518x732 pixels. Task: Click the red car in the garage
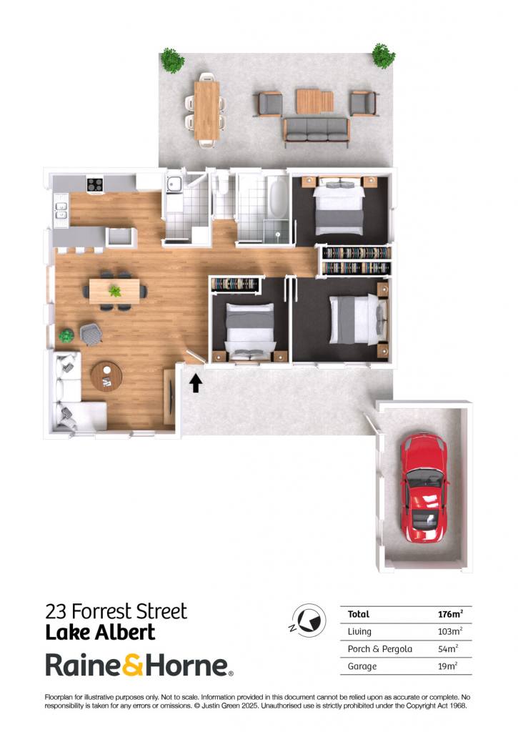coord(424,488)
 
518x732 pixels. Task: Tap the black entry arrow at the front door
coord(196,383)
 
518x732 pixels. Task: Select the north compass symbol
coord(309,621)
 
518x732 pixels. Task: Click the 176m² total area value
coord(450,614)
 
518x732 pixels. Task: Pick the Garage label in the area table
coord(362,666)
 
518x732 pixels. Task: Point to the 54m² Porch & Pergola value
coord(448,648)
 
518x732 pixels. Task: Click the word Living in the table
coord(359,632)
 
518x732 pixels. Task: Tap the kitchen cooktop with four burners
coord(95,184)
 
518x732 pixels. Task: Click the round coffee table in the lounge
coord(106,376)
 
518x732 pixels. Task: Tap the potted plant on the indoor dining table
coord(114,292)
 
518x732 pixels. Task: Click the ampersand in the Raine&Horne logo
coord(134,665)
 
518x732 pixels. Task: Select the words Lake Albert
coord(100,633)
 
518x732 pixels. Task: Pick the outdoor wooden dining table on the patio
coord(206,110)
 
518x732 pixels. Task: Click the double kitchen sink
coord(61,210)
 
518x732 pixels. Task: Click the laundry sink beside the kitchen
coord(174,184)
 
